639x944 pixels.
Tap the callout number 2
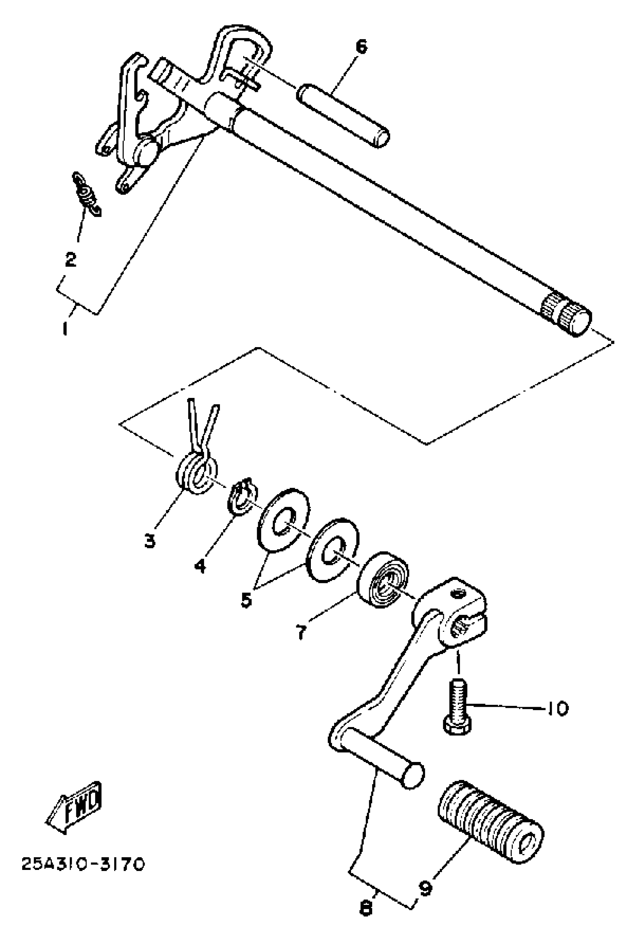[x=71, y=259]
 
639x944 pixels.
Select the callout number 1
[x=65, y=328]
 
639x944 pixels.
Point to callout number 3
[x=150, y=540]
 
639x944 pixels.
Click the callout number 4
[x=200, y=565]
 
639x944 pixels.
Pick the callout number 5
[x=246, y=599]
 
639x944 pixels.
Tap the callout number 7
[x=301, y=633]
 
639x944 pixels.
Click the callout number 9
[x=425, y=886]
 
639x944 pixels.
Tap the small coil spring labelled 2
[x=86, y=194]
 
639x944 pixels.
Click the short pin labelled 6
[x=344, y=115]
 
